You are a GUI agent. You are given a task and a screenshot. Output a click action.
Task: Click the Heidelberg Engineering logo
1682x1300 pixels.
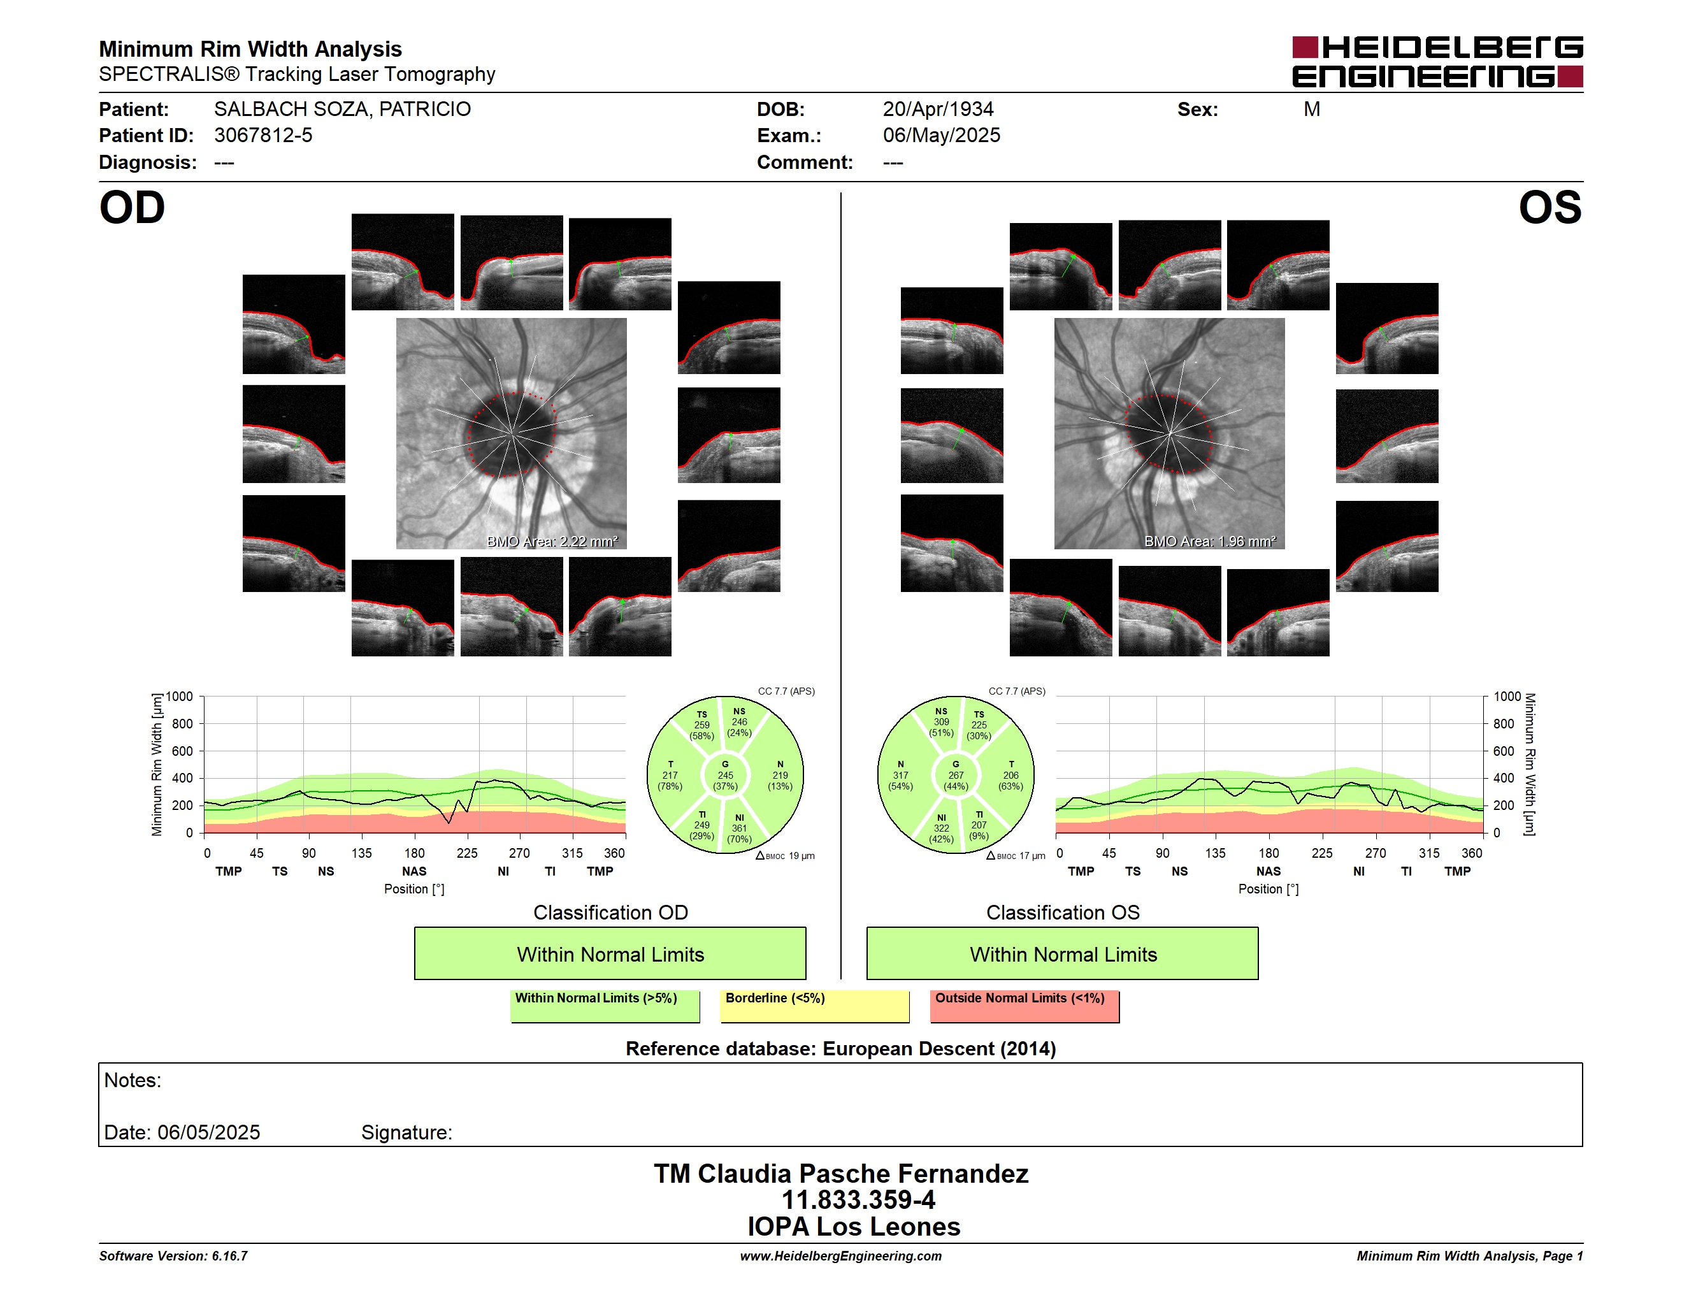[1437, 62]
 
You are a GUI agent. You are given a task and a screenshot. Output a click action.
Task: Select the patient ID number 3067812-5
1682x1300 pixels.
[263, 136]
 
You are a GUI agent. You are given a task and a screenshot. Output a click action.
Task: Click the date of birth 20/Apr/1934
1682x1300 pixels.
[938, 110]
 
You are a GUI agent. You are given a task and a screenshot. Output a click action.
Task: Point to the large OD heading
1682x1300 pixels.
[133, 208]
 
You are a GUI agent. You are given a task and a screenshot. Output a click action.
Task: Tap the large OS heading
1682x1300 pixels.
[1549, 208]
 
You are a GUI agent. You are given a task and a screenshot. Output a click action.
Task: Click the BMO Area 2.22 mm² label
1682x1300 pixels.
[552, 542]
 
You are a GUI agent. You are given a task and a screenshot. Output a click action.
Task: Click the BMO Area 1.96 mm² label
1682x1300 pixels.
[1210, 542]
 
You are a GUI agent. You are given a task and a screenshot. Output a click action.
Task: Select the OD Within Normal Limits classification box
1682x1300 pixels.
[610, 953]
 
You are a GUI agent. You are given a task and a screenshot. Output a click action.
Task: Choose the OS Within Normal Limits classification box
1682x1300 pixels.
[1063, 953]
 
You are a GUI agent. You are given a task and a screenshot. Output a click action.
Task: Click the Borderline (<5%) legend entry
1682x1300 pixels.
[815, 1006]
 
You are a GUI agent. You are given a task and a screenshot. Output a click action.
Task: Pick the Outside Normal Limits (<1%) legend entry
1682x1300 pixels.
[1025, 1006]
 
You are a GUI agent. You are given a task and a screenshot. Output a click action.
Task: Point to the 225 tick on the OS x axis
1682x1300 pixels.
[1322, 853]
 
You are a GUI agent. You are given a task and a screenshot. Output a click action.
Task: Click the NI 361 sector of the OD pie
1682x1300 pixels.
[739, 828]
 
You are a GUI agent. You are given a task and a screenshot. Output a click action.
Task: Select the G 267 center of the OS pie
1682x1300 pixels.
[956, 776]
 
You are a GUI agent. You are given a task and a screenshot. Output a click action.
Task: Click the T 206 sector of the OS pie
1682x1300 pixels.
[1010, 776]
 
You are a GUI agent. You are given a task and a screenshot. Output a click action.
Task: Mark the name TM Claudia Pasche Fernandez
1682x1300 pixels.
[841, 1174]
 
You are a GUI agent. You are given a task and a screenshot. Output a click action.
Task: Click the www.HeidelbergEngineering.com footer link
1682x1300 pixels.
[841, 1256]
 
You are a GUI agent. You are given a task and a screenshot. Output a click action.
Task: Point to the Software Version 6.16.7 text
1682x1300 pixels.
[173, 1256]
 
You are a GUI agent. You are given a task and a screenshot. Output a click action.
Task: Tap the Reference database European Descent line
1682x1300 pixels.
[841, 1049]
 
